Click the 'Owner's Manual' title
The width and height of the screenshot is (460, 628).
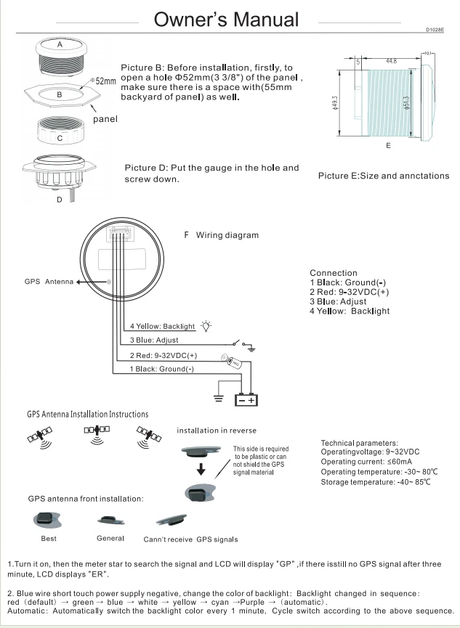pyautogui.click(x=226, y=19)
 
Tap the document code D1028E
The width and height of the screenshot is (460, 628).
pyautogui.click(x=435, y=30)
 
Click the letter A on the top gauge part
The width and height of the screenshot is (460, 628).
pyautogui.click(x=60, y=45)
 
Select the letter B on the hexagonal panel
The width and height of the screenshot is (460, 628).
pyautogui.click(x=60, y=94)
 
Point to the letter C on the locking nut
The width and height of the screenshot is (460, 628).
pyautogui.click(x=60, y=136)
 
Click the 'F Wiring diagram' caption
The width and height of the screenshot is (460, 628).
pyautogui.click(x=222, y=235)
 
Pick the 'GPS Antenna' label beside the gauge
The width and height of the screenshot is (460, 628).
pyautogui.click(x=49, y=282)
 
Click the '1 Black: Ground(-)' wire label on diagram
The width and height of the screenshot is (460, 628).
pyautogui.click(x=161, y=370)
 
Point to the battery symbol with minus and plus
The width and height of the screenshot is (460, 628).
pyautogui.click(x=244, y=399)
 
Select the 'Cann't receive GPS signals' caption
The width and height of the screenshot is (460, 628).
pyautogui.click(x=190, y=539)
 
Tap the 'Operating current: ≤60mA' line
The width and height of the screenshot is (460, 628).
pyautogui.click(x=363, y=462)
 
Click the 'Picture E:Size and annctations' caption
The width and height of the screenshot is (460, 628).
pyautogui.click(x=384, y=176)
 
